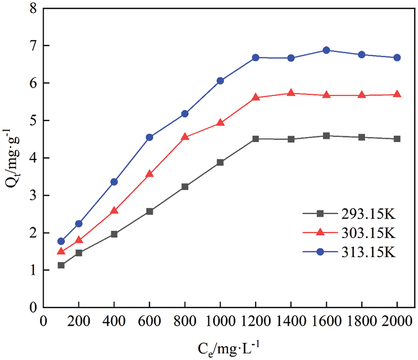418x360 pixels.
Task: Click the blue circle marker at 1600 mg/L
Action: coord(326,50)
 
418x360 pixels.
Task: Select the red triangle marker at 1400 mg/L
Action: coord(291,93)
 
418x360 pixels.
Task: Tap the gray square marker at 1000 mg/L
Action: coord(220,162)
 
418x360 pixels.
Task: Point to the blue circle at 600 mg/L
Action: coord(150,137)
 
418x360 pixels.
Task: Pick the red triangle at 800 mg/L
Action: coord(185,137)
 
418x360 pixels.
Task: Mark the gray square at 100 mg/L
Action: coord(61,265)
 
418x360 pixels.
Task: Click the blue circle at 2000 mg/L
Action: coord(397,58)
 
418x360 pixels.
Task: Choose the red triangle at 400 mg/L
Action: coord(114,211)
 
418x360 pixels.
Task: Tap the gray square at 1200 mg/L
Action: coord(255,139)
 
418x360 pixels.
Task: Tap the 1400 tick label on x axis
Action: coord(291,321)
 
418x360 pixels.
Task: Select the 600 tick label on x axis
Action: coord(150,321)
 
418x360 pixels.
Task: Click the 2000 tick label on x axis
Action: coord(397,321)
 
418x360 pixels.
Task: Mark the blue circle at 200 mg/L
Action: coord(79,223)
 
